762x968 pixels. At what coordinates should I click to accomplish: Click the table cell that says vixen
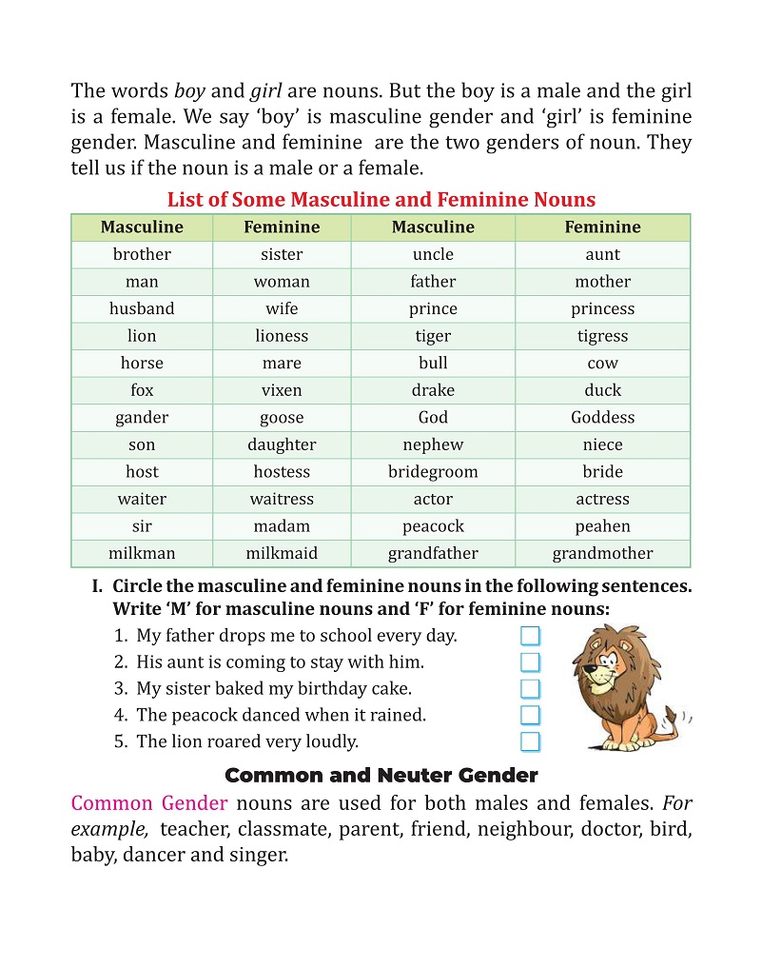(x=282, y=390)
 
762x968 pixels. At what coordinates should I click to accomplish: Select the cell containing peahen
(x=602, y=526)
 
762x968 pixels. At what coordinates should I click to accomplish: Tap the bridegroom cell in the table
(x=433, y=472)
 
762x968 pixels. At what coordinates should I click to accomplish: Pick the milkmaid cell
(x=282, y=553)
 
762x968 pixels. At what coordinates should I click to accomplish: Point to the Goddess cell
(x=602, y=418)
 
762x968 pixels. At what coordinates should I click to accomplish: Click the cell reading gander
(x=142, y=418)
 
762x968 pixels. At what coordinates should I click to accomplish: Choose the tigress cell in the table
(x=602, y=336)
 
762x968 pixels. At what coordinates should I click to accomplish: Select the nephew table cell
(x=433, y=444)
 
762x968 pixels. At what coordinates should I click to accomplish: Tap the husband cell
(x=142, y=308)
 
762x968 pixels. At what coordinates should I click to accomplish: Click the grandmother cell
(x=602, y=553)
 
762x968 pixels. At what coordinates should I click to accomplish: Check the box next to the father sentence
(x=530, y=636)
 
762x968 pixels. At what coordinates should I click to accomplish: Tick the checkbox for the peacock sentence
(x=530, y=715)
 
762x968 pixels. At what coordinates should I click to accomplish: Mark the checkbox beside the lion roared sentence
(x=530, y=741)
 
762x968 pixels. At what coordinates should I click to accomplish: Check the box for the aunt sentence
(x=530, y=662)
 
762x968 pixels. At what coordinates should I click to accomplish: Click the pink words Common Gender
(x=149, y=802)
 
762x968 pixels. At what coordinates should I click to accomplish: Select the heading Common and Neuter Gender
(x=381, y=775)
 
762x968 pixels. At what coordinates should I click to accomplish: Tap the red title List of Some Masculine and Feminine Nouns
(x=381, y=200)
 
